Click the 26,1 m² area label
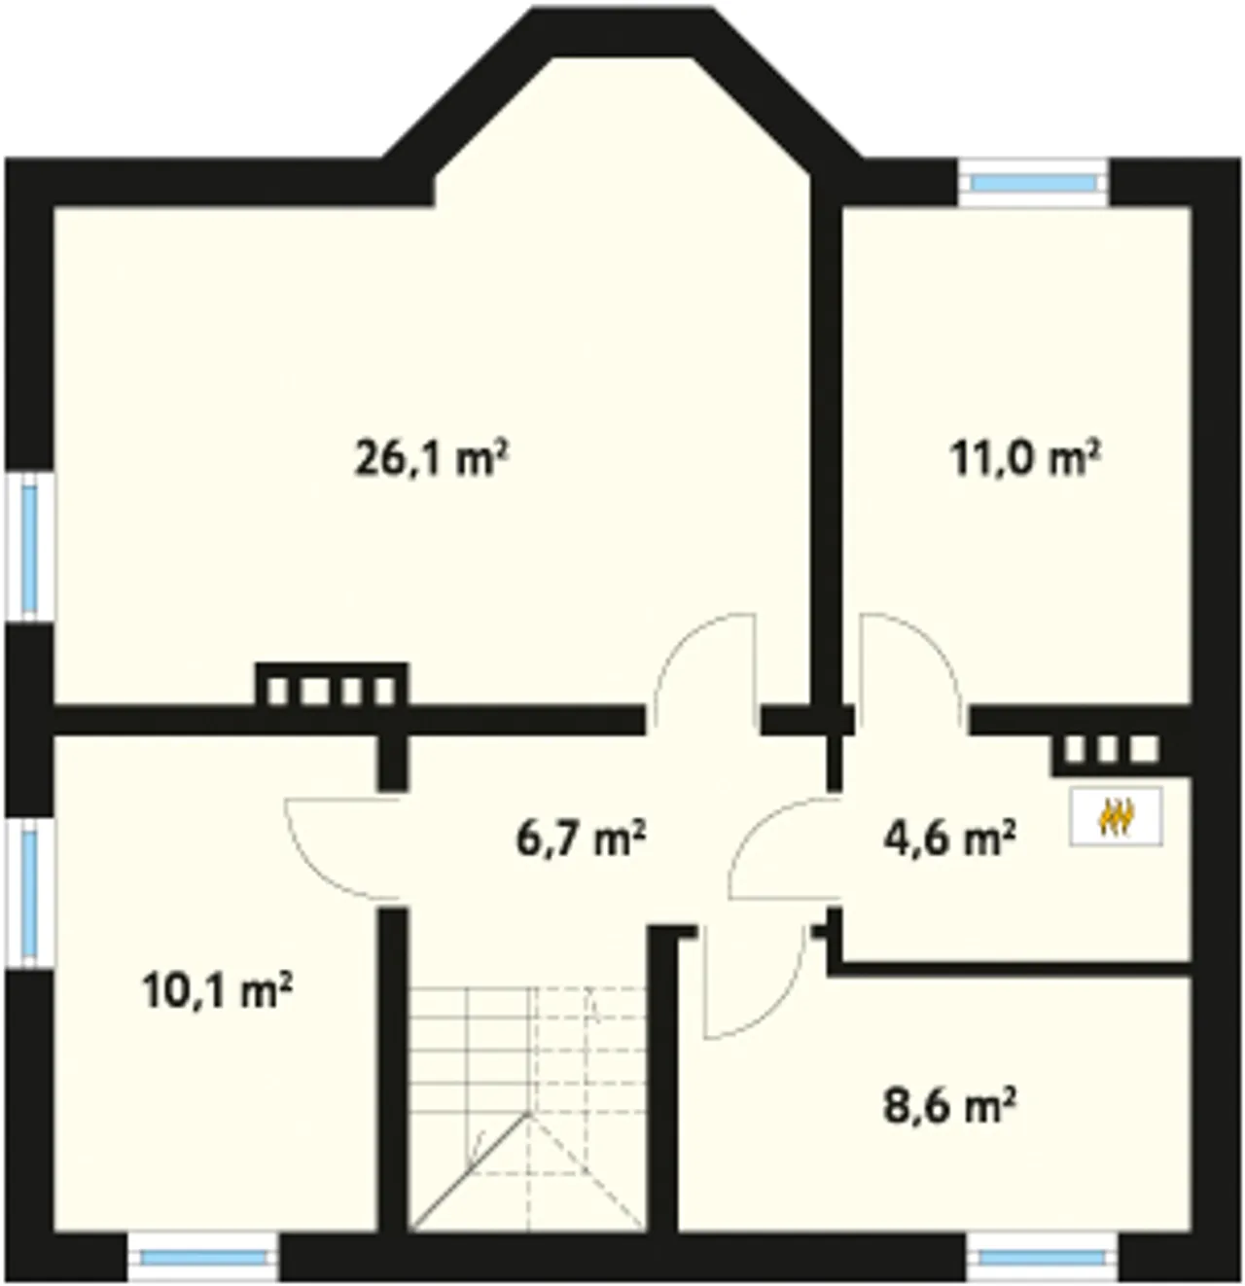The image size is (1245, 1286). pyautogui.click(x=432, y=458)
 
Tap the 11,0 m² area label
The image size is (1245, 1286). pyautogui.click(x=1025, y=458)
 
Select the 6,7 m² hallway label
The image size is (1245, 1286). pyautogui.click(x=581, y=839)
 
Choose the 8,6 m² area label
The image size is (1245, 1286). pyautogui.click(x=949, y=1105)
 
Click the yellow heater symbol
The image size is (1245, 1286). pyautogui.click(x=1117, y=817)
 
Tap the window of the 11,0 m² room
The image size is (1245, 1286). pyautogui.click(x=1033, y=183)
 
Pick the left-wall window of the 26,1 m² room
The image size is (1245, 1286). pyautogui.click(x=30, y=548)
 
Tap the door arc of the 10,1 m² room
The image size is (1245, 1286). pyautogui.click(x=342, y=849)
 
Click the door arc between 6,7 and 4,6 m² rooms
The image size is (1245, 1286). pyautogui.click(x=784, y=848)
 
